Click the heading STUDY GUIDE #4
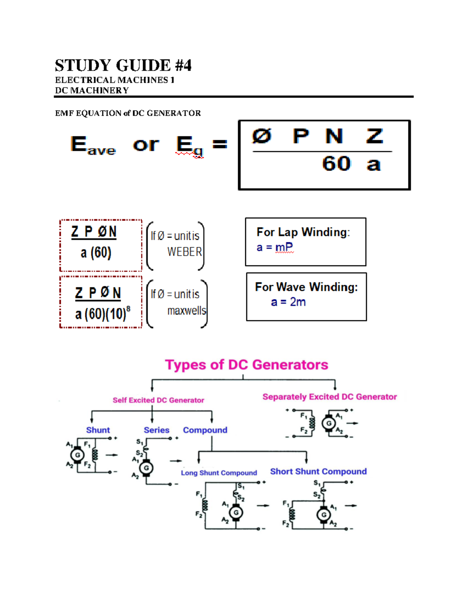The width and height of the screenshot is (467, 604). pyautogui.click(x=123, y=65)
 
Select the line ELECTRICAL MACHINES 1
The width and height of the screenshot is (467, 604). pyautogui.click(x=114, y=80)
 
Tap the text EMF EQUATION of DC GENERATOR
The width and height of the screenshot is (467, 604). pyautogui.click(x=128, y=113)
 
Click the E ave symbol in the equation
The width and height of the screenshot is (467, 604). pyautogui.click(x=93, y=145)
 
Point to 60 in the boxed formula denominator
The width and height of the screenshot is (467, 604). pyautogui.click(x=336, y=163)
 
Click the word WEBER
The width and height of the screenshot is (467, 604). pyautogui.click(x=184, y=252)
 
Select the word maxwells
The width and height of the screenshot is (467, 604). pyautogui.click(x=186, y=311)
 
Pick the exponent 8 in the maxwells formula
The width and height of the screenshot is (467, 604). pyautogui.click(x=128, y=308)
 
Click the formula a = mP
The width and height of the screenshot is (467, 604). pyautogui.click(x=275, y=247)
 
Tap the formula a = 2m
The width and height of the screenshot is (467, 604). pyautogui.click(x=288, y=302)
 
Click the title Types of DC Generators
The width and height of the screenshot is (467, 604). pyautogui.click(x=246, y=365)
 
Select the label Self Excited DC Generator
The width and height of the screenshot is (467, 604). pyautogui.click(x=158, y=400)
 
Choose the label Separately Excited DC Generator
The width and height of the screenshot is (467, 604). pyautogui.click(x=329, y=397)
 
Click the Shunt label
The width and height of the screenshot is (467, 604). pyautogui.click(x=98, y=430)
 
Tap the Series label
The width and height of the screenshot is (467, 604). pyautogui.click(x=156, y=430)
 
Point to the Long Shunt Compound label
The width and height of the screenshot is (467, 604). pyautogui.click(x=219, y=473)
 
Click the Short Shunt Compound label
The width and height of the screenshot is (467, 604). pyautogui.click(x=318, y=471)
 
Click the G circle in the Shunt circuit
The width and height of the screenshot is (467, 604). pyautogui.click(x=77, y=455)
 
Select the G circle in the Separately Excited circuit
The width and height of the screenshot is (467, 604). pyautogui.click(x=329, y=423)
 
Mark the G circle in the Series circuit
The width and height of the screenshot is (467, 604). pyautogui.click(x=146, y=468)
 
